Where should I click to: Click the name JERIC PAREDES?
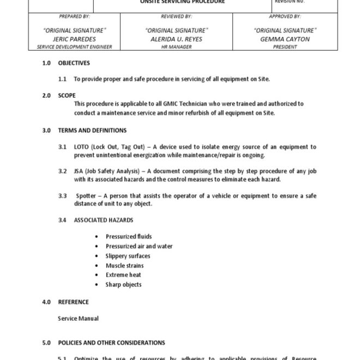coord(74,39)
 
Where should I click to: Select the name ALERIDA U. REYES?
coord(177,39)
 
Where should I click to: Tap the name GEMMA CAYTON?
coord(285,39)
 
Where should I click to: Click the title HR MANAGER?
coord(177,47)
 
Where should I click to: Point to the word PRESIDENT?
coord(285,47)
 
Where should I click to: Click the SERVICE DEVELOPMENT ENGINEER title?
coord(74,47)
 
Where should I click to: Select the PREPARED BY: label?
coord(74,17)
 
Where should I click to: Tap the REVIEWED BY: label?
coord(177,17)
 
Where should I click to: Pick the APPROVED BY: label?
coord(285,17)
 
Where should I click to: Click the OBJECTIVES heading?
coord(74,63)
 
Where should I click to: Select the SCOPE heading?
coord(67,95)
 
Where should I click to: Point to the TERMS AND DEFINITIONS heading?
coord(92,130)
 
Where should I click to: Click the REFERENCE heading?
coord(73,302)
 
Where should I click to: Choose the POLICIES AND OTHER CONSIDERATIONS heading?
coord(111,343)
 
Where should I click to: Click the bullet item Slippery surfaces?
coord(128,256)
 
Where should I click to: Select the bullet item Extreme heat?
coord(123,275)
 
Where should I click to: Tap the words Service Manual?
coord(78,318)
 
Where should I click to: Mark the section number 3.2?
coord(63,171)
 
